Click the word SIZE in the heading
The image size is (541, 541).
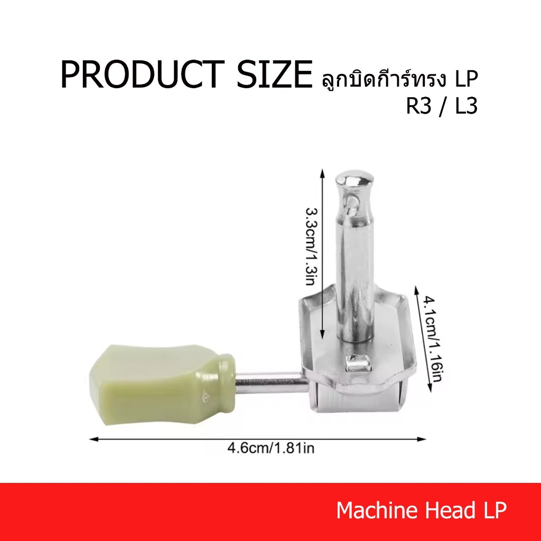(x=274, y=74)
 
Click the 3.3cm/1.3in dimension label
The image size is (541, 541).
(x=311, y=246)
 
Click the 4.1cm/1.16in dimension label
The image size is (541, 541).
(x=433, y=339)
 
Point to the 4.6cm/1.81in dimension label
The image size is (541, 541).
(x=271, y=448)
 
